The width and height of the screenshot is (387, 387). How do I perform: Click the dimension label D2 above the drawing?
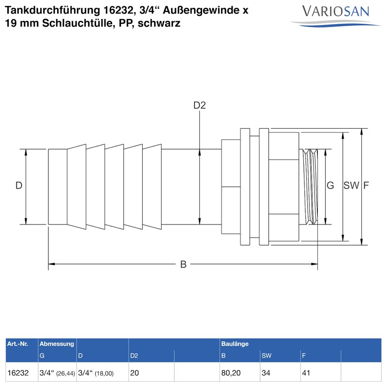coord(200,105)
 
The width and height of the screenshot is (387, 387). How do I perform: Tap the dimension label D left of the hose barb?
coord(19,186)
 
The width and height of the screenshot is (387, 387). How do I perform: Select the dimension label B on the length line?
coord(183,264)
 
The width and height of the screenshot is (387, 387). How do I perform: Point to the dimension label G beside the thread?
coord(330,186)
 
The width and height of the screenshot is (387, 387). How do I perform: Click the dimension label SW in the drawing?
coord(351,186)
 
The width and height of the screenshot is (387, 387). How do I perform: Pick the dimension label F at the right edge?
coord(366,186)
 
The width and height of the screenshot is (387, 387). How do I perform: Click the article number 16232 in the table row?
coord(18,373)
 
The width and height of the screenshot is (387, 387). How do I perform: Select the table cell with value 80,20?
coord(231,373)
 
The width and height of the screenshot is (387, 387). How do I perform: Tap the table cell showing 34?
coord(267,373)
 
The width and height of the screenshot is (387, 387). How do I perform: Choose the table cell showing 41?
coord(306,373)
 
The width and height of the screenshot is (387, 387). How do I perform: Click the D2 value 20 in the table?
coord(135,373)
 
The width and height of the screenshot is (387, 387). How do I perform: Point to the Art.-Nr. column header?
coord(17,344)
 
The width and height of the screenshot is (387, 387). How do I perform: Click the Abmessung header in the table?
coord(57,344)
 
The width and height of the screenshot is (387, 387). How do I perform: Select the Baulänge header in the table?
coord(235,344)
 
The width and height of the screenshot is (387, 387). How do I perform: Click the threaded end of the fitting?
coord(310,186)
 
